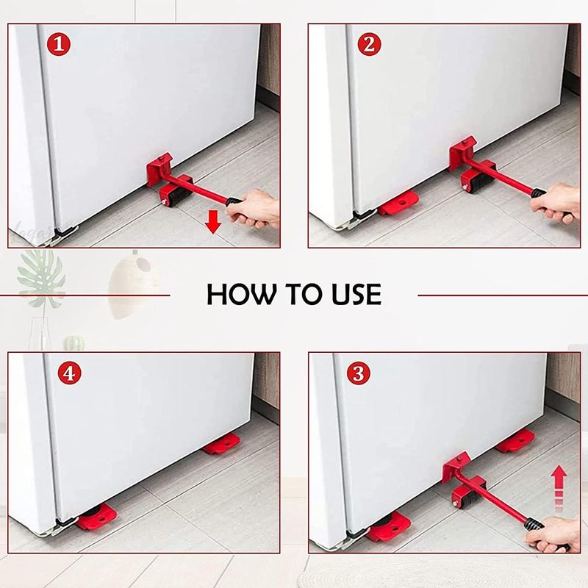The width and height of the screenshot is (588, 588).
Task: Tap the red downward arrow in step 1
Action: [x=213, y=221]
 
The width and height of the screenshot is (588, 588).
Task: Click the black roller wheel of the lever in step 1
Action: [x=176, y=196]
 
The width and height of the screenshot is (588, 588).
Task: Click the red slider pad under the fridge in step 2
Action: [x=399, y=204]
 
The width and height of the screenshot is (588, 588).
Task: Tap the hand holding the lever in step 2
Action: [x=557, y=201]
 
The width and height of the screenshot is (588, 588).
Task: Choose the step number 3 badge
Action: [x=358, y=373]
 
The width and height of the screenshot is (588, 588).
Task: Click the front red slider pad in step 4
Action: [x=95, y=517]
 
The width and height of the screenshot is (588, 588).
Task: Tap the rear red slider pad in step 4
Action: [x=221, y=444]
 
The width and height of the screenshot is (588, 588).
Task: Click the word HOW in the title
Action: [x=239, y=294]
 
